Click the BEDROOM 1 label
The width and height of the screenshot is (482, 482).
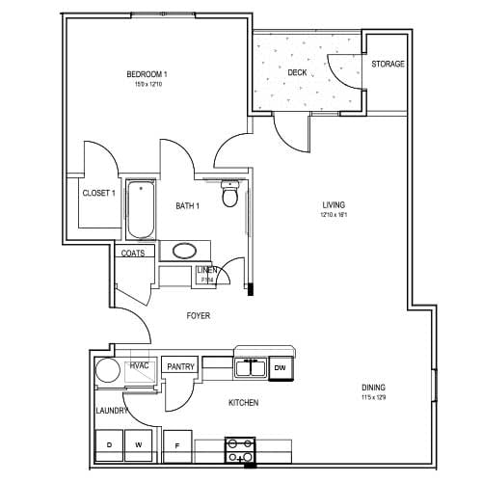(147, 74)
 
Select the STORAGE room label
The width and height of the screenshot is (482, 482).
(388, 65)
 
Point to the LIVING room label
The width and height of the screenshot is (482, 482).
(334, 204)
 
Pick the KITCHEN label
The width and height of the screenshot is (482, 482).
(243, 402)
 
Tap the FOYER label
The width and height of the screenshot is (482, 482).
(199, 315)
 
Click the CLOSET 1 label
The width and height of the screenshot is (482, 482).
(98, 193)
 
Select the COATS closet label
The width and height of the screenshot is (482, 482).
(132, 254)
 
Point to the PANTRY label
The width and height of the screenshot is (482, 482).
(181, 366)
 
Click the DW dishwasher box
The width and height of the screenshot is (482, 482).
(280, 367)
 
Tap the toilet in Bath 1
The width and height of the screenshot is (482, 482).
(229, 197)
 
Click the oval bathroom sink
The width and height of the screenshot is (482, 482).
(185, 252)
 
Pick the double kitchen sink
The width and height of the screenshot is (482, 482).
(250, 366)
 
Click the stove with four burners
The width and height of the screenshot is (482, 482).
(239, 449)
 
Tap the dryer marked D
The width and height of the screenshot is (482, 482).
(108, 444)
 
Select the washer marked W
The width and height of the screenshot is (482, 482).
(139, 444)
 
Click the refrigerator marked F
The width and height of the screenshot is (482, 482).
(177, 444)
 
